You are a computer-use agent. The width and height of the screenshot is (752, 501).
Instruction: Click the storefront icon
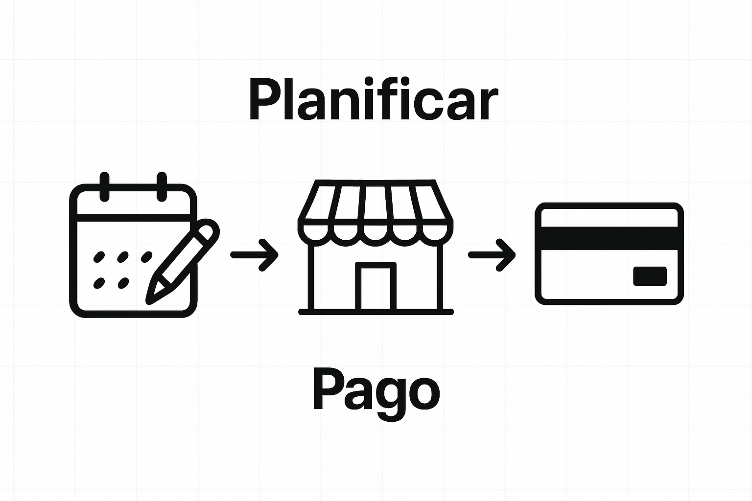pyautogui.click(x=376, y=247)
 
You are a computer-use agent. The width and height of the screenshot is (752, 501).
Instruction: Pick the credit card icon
pyautogui.click(x=609, y=254)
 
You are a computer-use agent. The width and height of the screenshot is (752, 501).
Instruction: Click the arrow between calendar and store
pyautogui.click(x=255, y=255)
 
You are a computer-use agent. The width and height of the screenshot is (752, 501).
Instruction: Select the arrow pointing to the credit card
pyautogui.click(x=492, y=255)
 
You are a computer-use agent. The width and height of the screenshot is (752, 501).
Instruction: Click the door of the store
pyautogui.click(x=376, y=287)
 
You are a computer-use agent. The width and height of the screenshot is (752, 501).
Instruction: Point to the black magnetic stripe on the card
pyautogui.click(x=609, y=238)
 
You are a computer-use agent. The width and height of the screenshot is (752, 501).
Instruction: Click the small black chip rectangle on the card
pyautogui.click(x=650, y=276)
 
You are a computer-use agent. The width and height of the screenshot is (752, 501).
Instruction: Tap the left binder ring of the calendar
pyautogui.click(x=104, y=186)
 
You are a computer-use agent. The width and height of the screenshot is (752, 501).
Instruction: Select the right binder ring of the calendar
pyautogui.click(x=162, y=186)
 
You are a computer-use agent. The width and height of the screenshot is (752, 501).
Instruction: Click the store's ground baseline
pyautogui.click(x=376, y=312)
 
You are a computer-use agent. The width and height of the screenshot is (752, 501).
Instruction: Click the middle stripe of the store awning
pyautogui.click(x=376, y=203)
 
